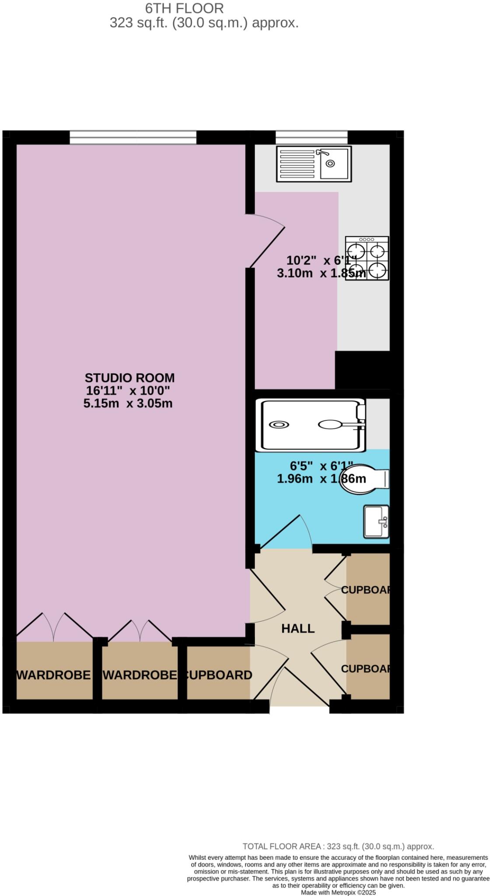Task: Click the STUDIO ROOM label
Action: pos(129,378)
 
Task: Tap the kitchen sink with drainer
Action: pos(313,164)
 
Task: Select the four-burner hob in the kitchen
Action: pos(366,258)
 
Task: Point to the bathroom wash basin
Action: pos(376,521)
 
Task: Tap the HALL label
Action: pos(297,629)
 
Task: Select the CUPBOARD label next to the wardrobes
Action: pos(218,675)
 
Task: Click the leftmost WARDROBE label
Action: pos(53,675)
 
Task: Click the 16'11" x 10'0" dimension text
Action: pos(128,390)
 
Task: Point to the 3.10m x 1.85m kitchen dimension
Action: pos(321,273)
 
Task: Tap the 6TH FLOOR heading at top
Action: pos(184,8)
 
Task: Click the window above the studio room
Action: pos(133,137)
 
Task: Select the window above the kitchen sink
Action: pos(311,137)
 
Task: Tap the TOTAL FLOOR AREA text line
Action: pos(338,847)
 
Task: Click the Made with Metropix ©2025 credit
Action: pos(338,892)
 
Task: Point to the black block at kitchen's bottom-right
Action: pos(362,370)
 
